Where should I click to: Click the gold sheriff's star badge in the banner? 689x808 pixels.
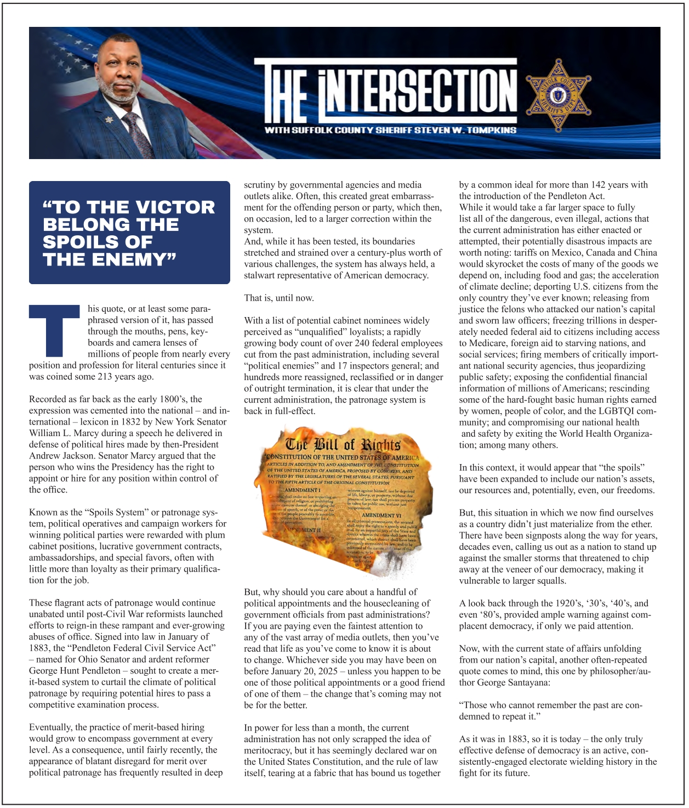coord(559,95)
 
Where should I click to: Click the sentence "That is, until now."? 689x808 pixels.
coord(278,298)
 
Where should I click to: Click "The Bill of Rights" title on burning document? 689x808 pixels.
coord(343,444)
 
